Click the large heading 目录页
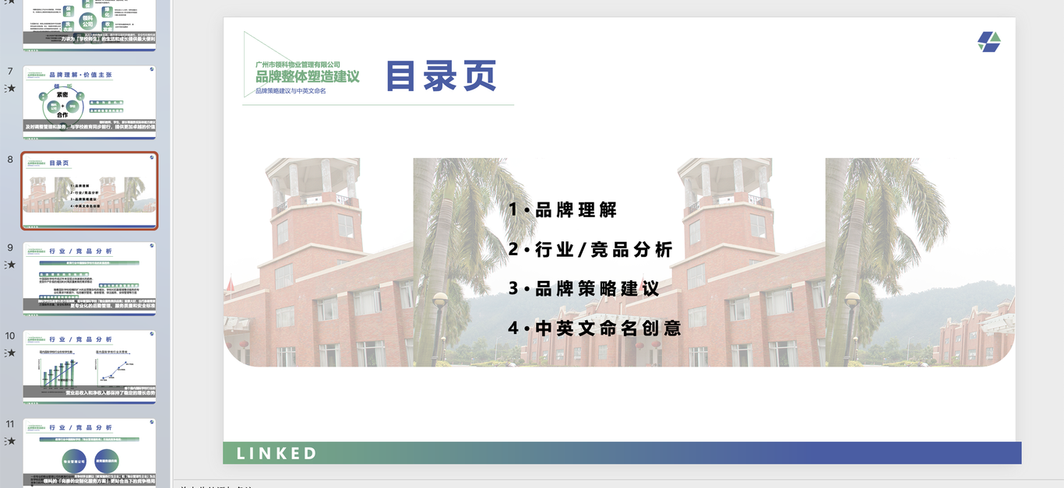coord(441,76)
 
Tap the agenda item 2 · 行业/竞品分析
coord(590,249)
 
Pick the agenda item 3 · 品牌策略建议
coord(583,289)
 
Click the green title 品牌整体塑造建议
coord(308,76)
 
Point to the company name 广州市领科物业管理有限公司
coord(298,64)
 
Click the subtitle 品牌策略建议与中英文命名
coord(291,91)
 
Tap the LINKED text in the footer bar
coord(277,453)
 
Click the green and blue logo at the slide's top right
coord(989,42)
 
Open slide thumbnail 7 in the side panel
coord(90,102)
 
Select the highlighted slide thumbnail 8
coord(90,191)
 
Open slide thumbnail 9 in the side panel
coord(90,279)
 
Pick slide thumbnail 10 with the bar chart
coord(90,367)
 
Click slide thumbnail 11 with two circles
coord(90,453)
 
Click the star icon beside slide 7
coord(10,88)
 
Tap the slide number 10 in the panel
coord(10,336)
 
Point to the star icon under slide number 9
coord(10,265)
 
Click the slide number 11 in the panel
coord(10,424)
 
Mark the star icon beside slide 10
coord(10,353)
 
